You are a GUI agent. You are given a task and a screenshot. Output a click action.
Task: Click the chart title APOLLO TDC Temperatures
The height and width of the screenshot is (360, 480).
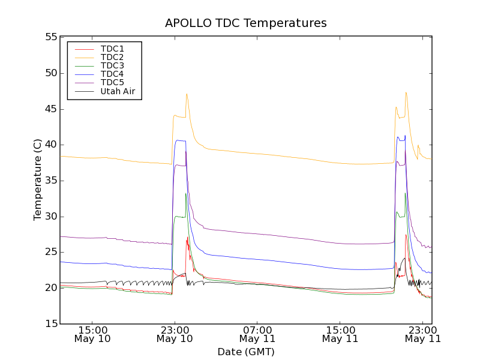click(246, 23)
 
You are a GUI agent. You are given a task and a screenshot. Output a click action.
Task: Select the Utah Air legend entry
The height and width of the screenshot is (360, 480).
click(118, 91)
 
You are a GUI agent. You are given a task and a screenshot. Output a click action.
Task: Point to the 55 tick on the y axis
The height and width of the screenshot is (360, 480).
click(50, 37)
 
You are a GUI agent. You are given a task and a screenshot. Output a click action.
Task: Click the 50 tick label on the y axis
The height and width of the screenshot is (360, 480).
click(50, 73)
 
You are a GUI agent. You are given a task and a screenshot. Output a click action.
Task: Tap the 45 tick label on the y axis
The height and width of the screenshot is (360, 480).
click(50, 109)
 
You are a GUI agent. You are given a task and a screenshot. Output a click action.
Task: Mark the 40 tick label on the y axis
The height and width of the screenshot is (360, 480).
click(50, 145)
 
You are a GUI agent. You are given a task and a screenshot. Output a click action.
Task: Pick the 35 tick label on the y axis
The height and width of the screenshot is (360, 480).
click(50, 181)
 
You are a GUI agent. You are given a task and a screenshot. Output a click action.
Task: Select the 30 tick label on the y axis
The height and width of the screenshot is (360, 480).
click(50, 217)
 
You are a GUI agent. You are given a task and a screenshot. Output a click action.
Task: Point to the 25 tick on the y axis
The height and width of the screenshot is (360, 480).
click(50, 252)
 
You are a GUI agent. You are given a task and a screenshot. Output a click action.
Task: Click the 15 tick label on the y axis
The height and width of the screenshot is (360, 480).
click(50, 324)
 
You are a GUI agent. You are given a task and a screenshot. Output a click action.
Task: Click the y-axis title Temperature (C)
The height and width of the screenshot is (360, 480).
click(38, 180)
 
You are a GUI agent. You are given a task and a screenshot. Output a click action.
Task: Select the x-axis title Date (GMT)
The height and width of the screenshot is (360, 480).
click(246, 352)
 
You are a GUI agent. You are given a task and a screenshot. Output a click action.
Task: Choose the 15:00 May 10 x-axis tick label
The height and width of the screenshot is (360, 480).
click(92, 334)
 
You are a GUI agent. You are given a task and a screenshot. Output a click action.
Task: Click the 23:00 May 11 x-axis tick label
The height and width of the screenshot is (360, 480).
click(424, 334)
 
